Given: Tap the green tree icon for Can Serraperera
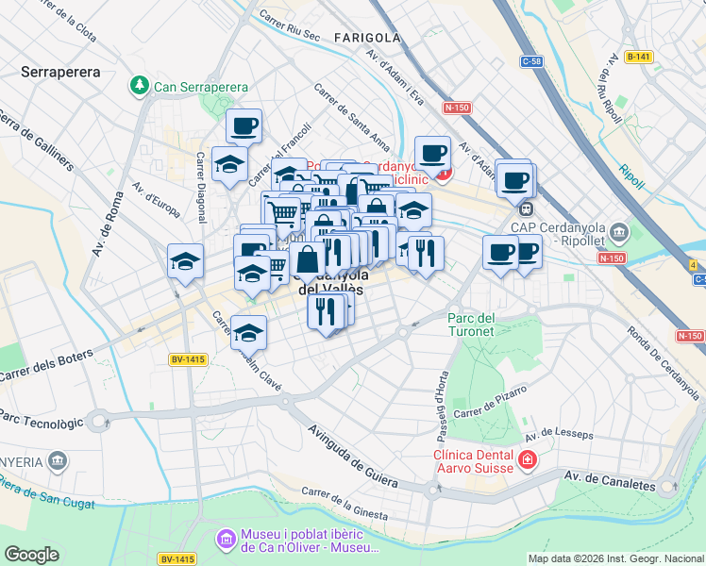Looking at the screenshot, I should (140, 86).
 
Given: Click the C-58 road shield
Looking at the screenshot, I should (532, 61).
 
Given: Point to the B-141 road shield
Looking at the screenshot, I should (638, 57).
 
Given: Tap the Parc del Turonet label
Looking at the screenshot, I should (471, 325).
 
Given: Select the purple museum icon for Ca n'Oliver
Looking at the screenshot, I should (226, 540).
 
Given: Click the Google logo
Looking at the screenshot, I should (31, 554).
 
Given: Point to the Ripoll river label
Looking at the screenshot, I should (631, 172).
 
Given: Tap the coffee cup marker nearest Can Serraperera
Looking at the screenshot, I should (244, 125).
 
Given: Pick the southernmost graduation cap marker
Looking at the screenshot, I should (249, 332).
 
